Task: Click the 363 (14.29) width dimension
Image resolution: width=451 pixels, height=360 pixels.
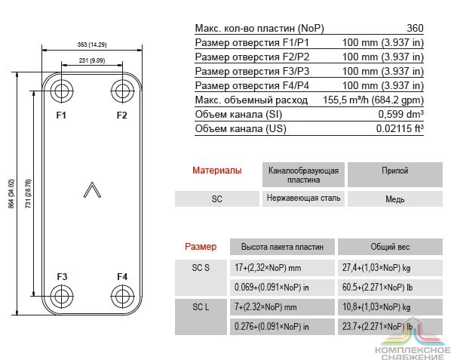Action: (x=92, y=45)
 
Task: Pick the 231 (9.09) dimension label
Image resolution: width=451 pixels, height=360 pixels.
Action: (x=92, y=60)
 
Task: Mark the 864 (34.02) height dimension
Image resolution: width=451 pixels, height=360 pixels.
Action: (x=11, y=194)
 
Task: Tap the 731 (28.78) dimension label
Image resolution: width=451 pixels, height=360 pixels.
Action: (x=28, y=194)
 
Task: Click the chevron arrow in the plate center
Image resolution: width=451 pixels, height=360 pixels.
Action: (x=92, y=190)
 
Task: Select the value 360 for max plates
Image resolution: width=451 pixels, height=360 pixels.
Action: (x=415, y=28)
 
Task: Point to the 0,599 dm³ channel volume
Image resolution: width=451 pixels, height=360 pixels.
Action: (x=401, y=114)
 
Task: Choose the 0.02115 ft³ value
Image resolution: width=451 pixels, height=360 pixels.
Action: (x=400, y=128)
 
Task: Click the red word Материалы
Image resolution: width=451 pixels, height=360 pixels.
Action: (x=217, y=171)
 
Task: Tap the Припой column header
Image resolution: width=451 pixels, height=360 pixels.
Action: (x=395, y=171)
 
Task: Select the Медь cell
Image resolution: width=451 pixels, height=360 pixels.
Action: (x=395, y=198)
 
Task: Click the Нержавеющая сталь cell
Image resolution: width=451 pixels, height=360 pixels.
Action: (x=303, y=198)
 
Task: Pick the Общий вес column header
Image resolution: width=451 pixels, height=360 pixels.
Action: (x=390, y=247)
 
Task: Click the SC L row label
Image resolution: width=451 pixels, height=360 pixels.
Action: (x=201, y=307)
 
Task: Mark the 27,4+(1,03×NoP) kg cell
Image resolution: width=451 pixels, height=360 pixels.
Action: (x=376, y=268)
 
